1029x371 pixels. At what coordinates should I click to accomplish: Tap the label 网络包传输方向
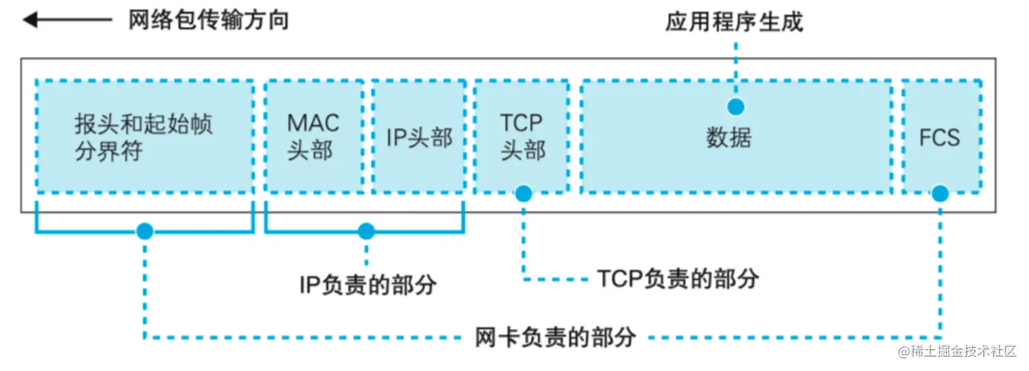click(208, 20)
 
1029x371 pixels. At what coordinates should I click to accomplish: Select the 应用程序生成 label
click(734, 22)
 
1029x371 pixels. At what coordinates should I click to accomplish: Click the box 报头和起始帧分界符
click(145, 137)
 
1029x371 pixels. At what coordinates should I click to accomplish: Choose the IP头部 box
click(419, 137)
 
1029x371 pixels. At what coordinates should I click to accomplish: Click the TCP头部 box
click(522, 137)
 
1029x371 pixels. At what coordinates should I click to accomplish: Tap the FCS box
click(939, 137)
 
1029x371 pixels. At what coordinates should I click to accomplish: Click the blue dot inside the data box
click(735, 107)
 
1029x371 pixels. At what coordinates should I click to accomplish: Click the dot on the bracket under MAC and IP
click(366, 232)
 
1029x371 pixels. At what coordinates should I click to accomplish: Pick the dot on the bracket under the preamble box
click(145, 232)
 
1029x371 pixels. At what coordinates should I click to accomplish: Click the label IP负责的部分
click(368, 284)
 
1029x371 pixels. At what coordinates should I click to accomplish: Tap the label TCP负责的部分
click(678, 279)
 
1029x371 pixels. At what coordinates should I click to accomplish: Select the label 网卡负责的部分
click(555, 337)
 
